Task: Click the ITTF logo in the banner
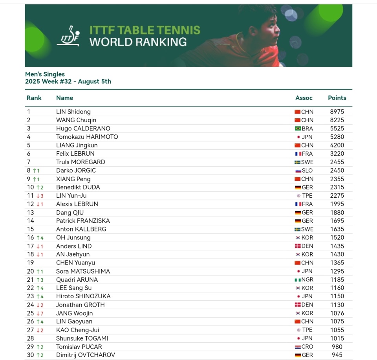tap(70, 36)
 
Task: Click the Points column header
tap(337, 98)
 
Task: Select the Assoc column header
tap(304, 98)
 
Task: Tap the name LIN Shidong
tap(73, 112)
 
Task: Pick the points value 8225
tap(337, 120)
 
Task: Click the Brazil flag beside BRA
tap(298, 129)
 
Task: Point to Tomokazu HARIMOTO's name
tap(87, 137)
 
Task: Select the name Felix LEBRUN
tap(75, 154)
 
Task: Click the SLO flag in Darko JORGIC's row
tap(298, 171)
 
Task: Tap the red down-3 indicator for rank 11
tap(40, 196)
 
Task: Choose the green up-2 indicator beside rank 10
tap(40, 187)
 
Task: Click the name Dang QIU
tap(70, 213)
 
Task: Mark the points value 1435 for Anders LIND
tap(337, 246)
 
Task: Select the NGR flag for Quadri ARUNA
tap(297, 280)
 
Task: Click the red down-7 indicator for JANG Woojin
tap(40, 313)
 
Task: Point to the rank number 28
tap(30, 338)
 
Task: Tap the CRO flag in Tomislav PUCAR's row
tap(298, 347)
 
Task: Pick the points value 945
tap(337, 355)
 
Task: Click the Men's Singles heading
tap(45, 74)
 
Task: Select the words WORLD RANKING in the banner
tap(138, 42)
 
